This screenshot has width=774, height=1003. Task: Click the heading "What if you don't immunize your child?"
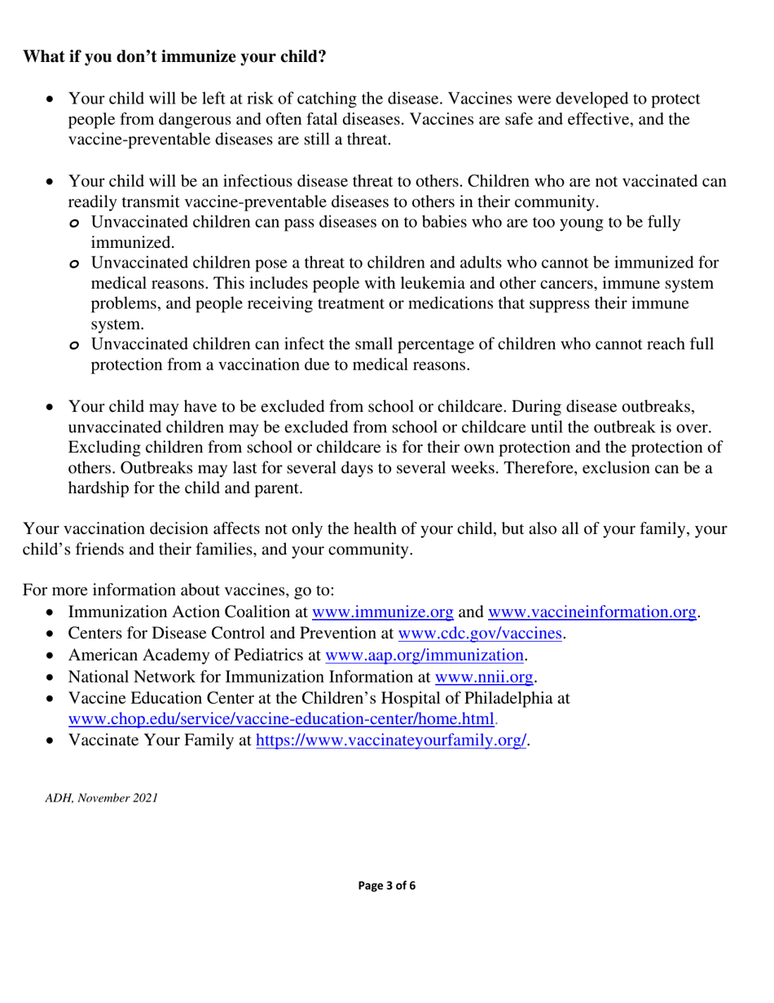174,57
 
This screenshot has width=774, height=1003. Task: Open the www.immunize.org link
383,612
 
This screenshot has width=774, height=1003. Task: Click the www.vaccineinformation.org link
592,612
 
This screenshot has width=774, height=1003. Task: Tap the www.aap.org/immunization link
424,655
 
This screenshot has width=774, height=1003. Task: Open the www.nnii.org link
484,676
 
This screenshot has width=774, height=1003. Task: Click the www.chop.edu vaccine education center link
281,719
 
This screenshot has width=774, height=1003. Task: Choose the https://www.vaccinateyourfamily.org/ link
392,740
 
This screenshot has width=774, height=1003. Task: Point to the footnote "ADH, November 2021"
101,798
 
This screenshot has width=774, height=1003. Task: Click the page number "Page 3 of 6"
387,886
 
